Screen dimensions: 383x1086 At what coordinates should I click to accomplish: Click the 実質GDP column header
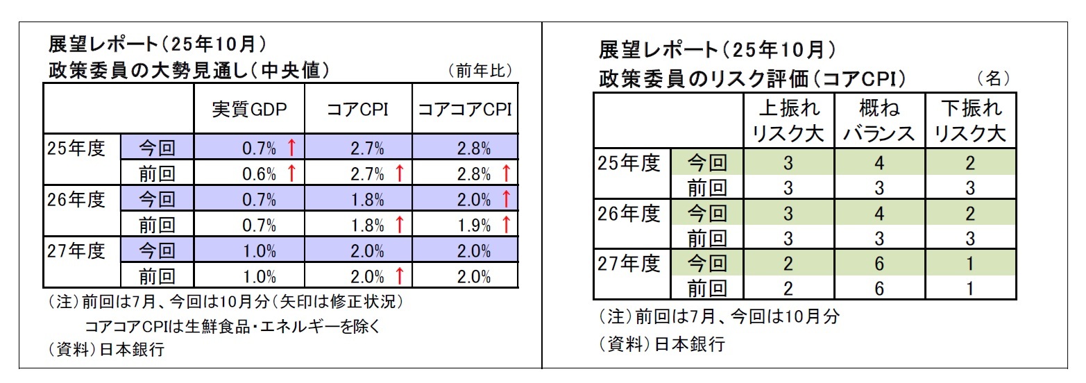point(248,109)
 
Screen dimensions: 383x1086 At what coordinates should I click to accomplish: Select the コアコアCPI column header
point(464,109)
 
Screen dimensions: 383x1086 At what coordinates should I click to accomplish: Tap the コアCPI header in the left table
point(358,109)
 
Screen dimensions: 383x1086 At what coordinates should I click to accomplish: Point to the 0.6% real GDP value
point(260,173)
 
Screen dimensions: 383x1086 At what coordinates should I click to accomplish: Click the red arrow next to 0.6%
point(291,173)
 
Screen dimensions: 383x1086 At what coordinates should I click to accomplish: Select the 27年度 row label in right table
point(629,263)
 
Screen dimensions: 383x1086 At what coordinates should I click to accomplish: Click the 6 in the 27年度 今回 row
point(879,264)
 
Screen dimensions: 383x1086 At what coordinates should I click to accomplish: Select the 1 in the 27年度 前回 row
point(970,289)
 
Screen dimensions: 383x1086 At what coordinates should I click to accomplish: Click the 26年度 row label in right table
point(629,213)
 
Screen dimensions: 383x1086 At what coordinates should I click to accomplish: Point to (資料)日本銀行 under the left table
point(105,350)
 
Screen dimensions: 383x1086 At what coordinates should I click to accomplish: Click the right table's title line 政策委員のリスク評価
point(753,78)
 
